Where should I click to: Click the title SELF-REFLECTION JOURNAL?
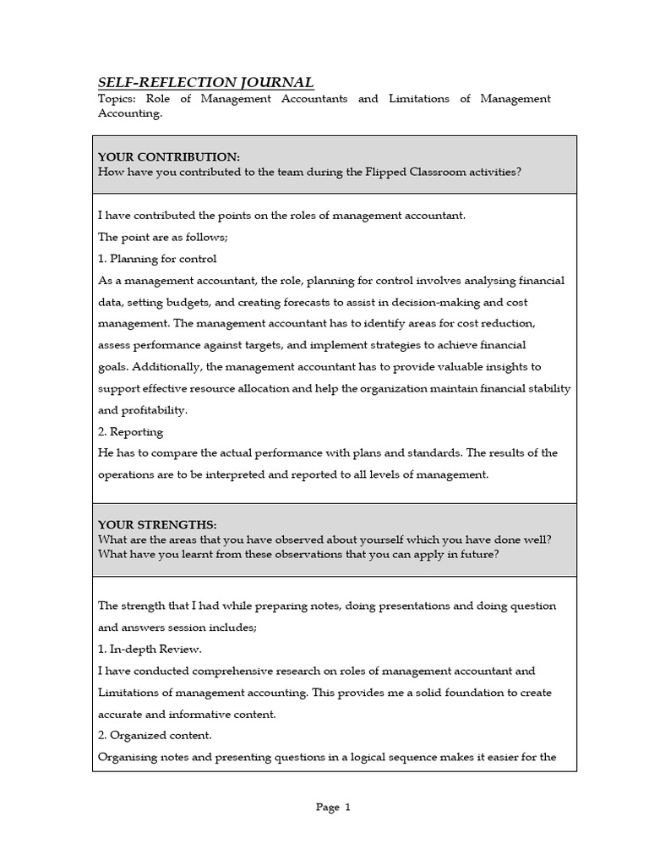click(206, 82)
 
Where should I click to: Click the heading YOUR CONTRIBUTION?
click(169, 157)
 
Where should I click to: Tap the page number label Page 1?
click(333, 808)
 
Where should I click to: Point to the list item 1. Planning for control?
click(158, 259)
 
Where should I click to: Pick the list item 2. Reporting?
click(131, 431)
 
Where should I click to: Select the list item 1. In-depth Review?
click(150, 649)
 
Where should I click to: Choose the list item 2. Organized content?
click(155, 736)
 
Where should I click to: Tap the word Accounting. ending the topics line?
click(130, 114)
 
